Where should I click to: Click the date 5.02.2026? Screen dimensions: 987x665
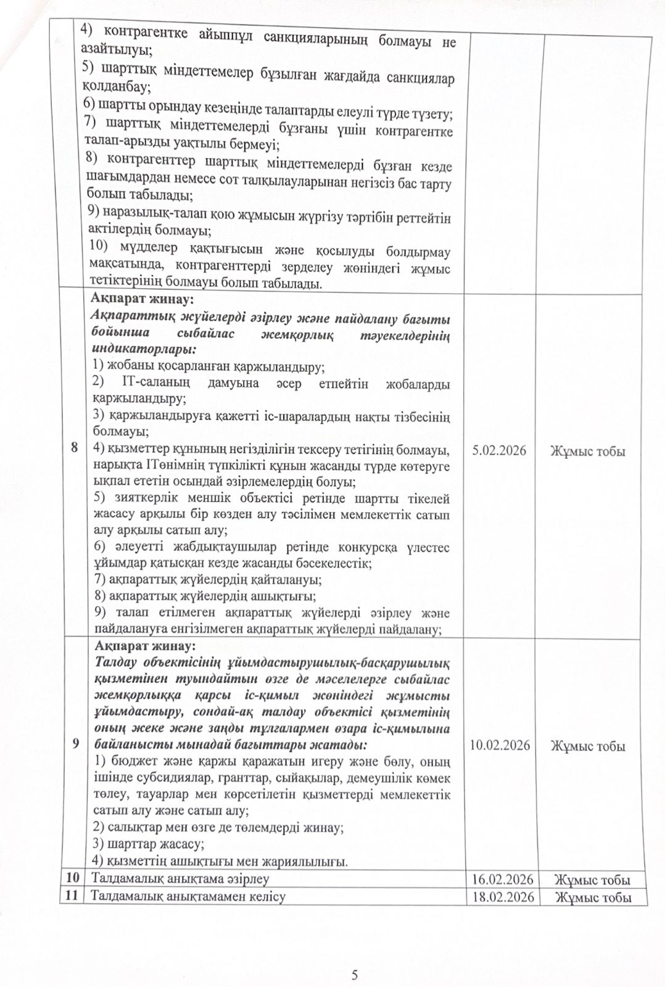coord(498,450)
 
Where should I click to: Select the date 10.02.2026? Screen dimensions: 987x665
coord(500,745)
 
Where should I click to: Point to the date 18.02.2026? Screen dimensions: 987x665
coord(500,896)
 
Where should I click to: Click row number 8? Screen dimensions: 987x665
coord(74,448)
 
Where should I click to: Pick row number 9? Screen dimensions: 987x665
coord(75,743)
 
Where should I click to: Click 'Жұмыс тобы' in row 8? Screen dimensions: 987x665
coord(587,452)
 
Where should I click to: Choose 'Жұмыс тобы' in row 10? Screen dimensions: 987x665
coord(592,880)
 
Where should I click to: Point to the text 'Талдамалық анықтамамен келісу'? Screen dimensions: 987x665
coord(188,896)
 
